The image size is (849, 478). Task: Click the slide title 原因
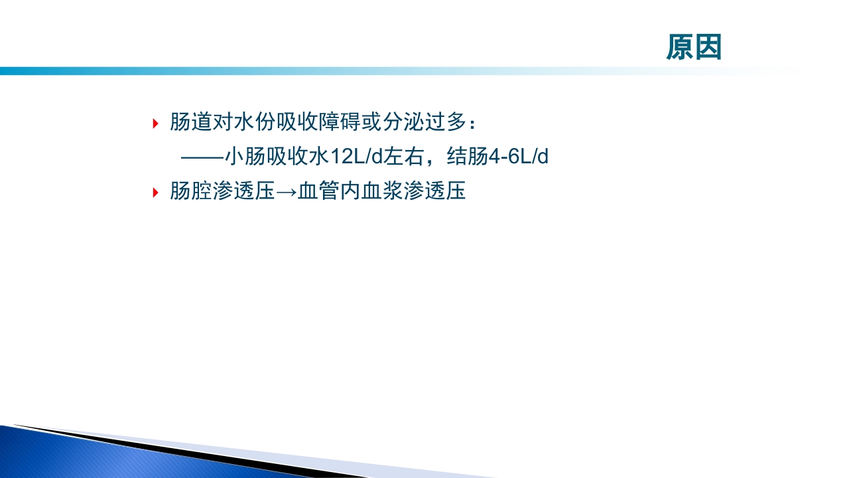[694, 48]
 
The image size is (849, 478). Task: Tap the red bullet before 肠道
[155, 123]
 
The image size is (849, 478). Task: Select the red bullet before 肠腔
[155, 193]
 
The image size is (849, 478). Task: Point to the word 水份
[255, 123]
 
